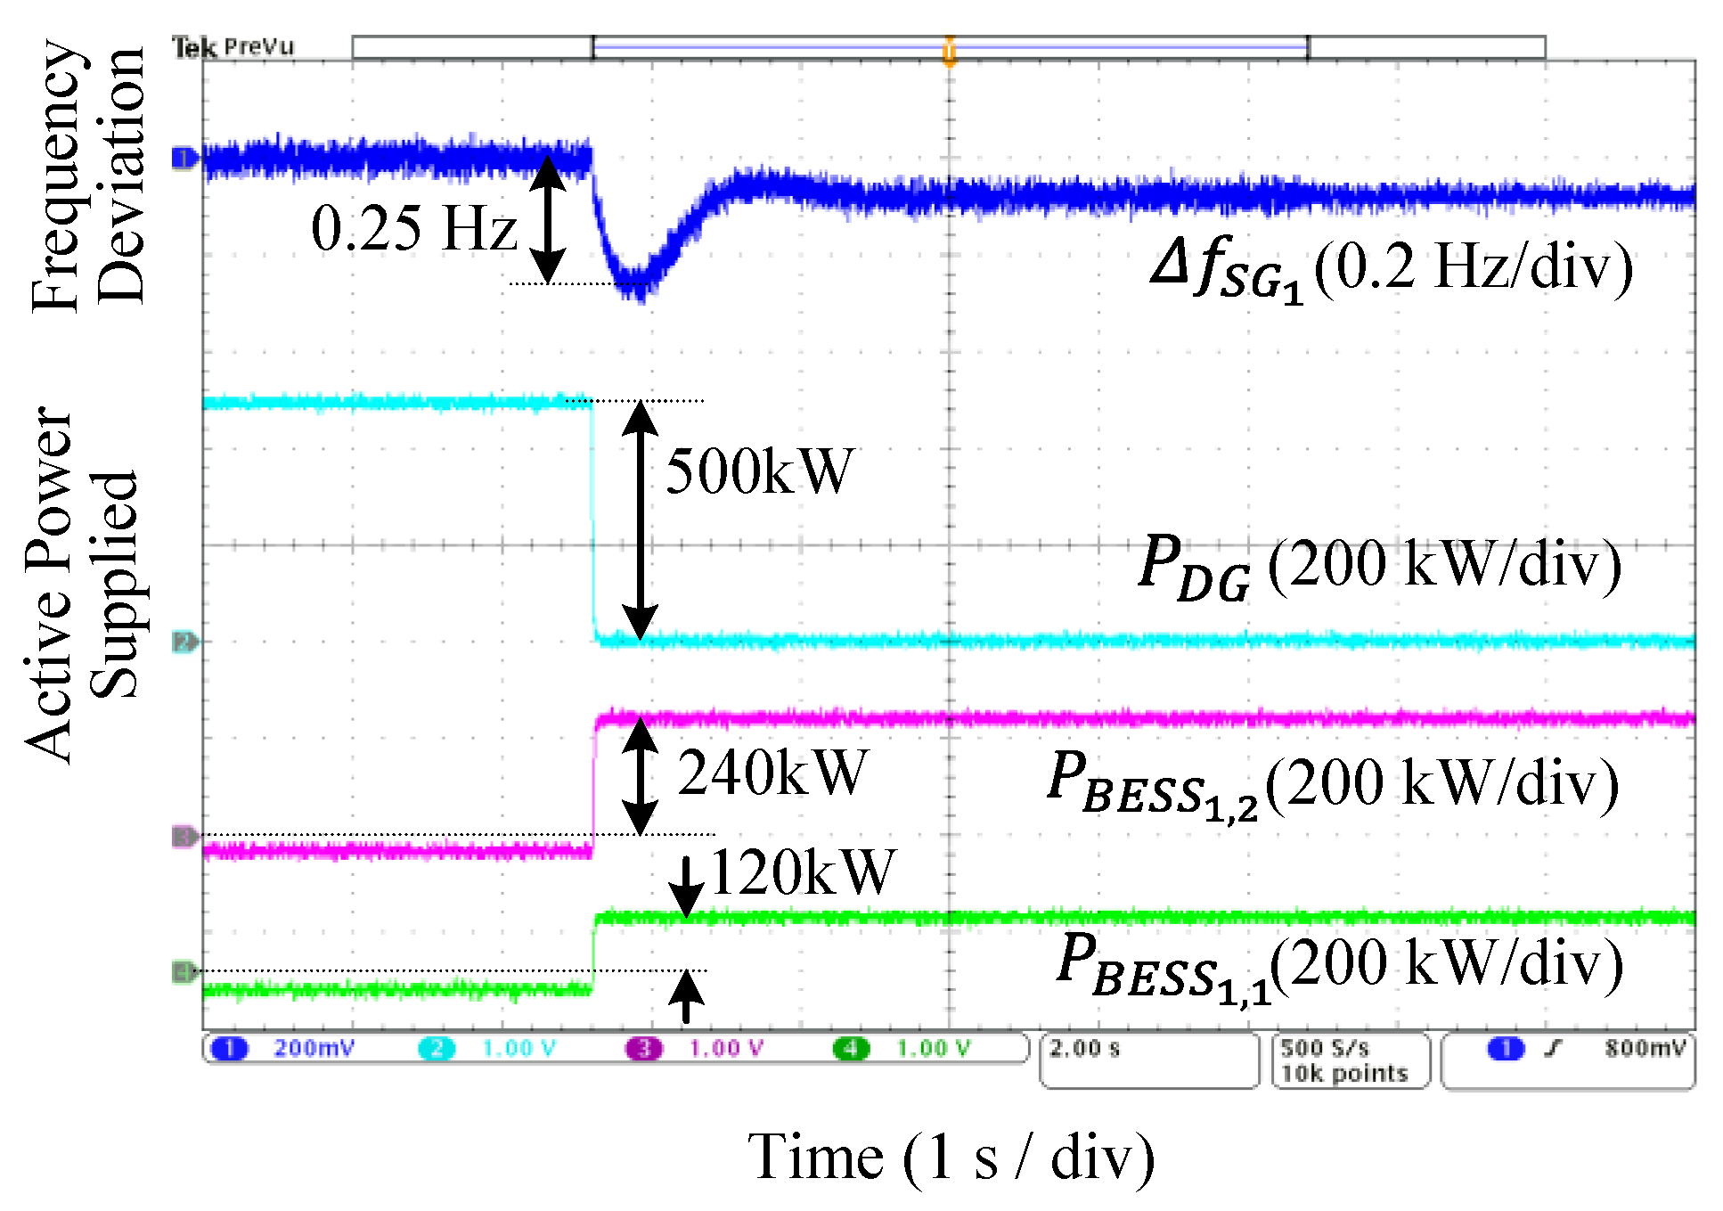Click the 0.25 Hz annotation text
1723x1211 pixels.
point(413,228)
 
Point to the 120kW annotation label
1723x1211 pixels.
point(802,871)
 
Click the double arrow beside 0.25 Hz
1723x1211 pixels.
point(548,219)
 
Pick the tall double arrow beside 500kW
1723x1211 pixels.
point(640,520)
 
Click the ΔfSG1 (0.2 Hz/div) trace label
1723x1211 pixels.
point(1392,267)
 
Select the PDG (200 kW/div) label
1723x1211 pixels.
point(1379,565)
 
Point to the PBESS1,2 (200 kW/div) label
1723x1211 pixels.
point(1333,784)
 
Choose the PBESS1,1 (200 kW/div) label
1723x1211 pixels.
point(1340,966)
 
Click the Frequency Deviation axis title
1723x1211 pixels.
point(87,175)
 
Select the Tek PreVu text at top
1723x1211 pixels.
point(233,46)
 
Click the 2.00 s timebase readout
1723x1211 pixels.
point(1085,1049)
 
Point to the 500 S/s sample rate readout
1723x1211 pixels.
point(1325,1049)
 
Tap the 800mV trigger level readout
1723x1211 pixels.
point(1645,1049)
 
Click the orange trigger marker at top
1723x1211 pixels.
point(950,52)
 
